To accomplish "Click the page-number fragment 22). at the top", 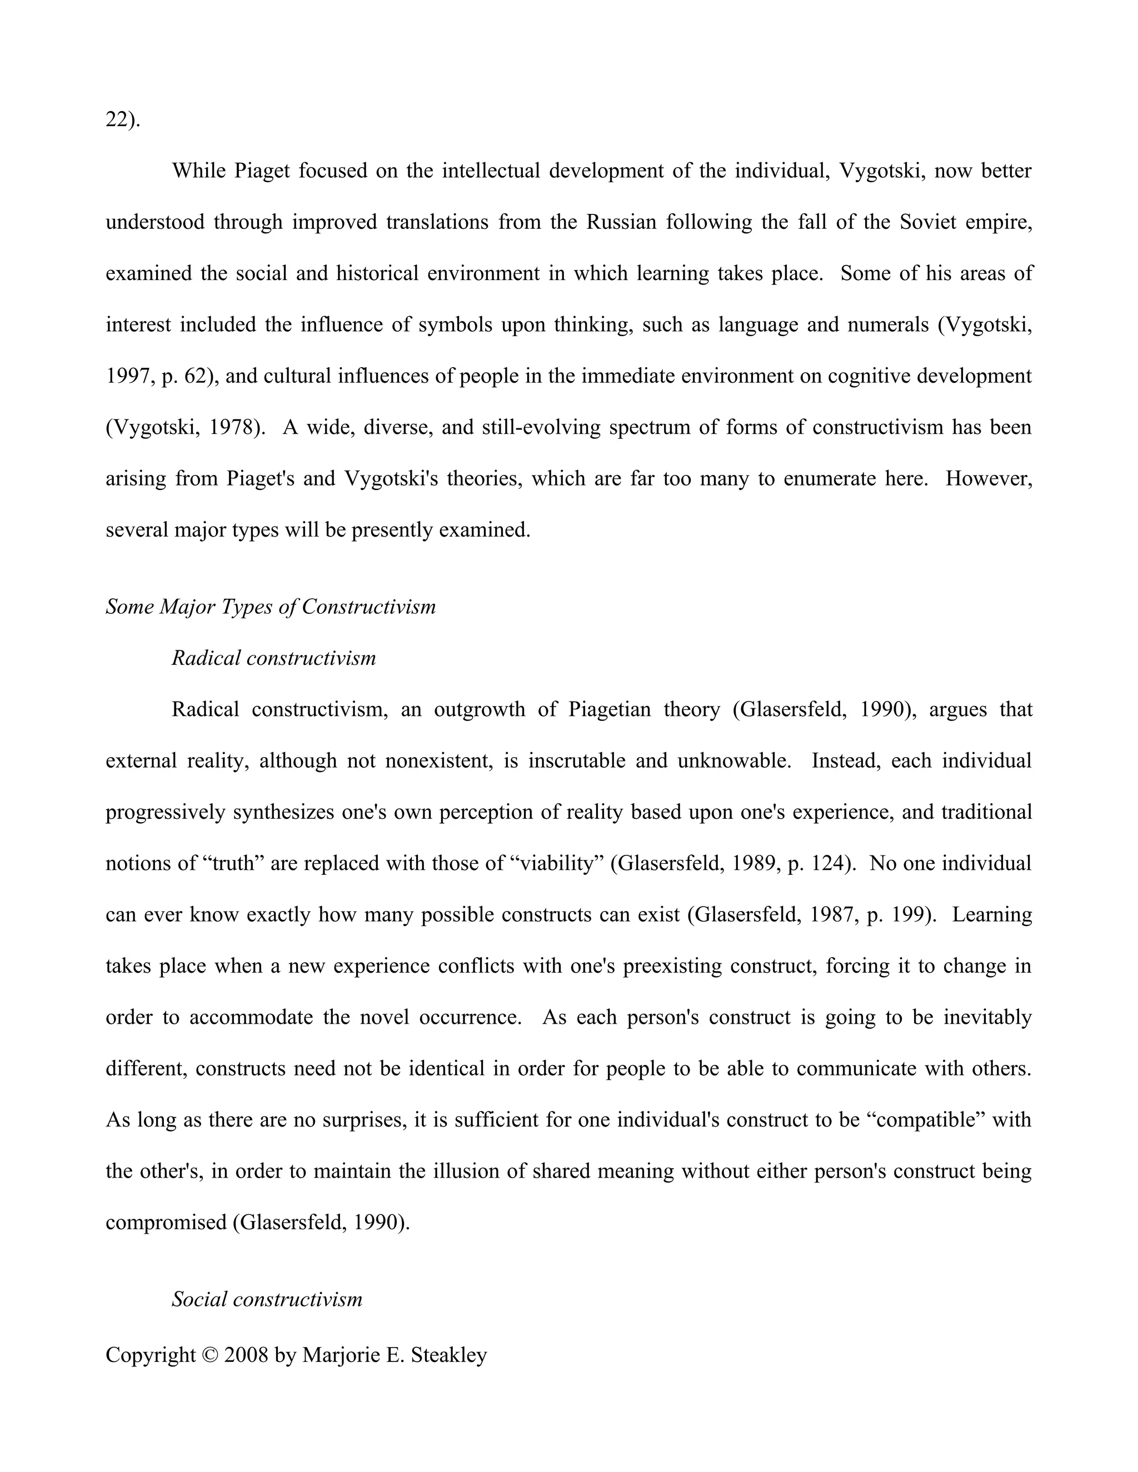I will [123, 120].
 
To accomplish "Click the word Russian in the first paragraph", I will [620, 222].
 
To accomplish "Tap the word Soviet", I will [927, 222].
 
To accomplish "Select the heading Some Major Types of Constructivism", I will [271, 607].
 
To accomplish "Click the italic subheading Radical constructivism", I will [274, 658].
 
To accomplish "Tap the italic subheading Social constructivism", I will [267, 1299].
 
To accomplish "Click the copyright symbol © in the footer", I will [209, 1355].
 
